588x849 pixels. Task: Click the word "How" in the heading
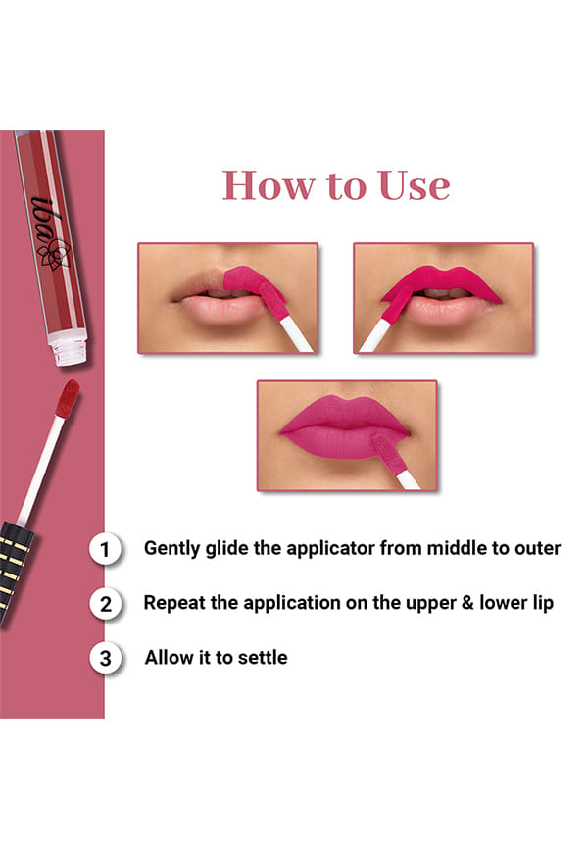pyautogui.click(x=268, y=185)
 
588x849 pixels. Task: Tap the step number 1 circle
pyautogui.click(x=105, y=549)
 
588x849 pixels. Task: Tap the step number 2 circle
pyautogui.click(x=105, y=603)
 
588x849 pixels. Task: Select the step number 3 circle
pyautogui.click(x=105, y=658)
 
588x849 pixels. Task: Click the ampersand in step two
pyautogui.click(x=467, y=603)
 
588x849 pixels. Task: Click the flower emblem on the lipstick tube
pyautogui.click(x=54, y=255)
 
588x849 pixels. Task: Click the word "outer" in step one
pyautogui.click(x=538, y=548)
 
